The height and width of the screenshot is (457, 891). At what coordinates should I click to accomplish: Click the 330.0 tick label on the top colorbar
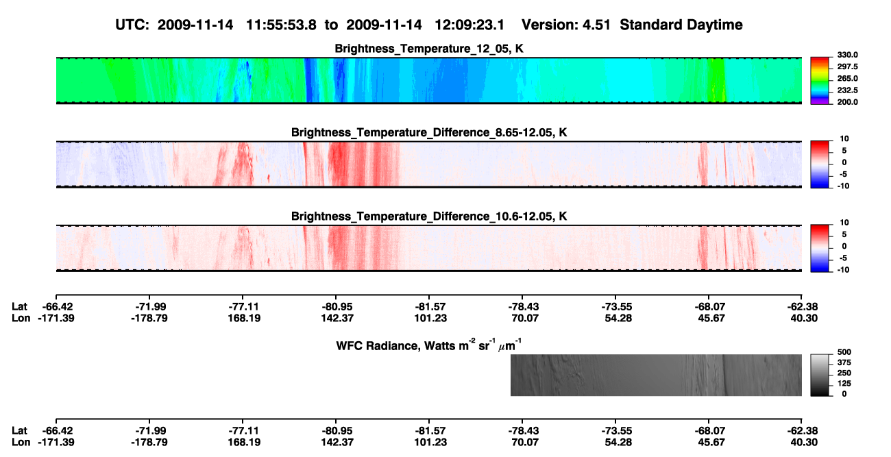click(847, 55)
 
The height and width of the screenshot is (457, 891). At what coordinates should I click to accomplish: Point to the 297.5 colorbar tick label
click(847, 66)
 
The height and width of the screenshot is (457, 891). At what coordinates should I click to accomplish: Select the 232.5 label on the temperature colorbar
click(847, 90)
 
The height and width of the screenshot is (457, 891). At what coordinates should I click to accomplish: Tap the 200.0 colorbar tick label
click(847, 102)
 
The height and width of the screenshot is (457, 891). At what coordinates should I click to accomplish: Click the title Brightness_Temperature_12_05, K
click(429, 49)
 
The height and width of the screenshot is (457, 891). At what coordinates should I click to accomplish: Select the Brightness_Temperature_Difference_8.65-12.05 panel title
click(429, 132)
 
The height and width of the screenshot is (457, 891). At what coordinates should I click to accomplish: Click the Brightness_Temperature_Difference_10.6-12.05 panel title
click(429, 217)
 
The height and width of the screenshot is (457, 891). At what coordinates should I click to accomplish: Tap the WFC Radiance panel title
click(429, 345)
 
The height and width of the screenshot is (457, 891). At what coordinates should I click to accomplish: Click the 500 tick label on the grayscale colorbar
click(844, 352)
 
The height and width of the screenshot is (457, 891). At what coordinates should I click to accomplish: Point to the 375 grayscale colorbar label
click(844, 362)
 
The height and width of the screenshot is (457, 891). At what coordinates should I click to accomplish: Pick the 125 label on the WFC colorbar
click(844, 384)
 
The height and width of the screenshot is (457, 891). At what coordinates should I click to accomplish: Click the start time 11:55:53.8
click(281, 25)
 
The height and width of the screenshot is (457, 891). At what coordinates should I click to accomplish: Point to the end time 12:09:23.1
click(469, 25)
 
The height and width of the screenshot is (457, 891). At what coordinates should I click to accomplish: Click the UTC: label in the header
click(132, 25)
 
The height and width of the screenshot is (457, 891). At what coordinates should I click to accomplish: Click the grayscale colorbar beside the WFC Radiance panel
click(820, 375)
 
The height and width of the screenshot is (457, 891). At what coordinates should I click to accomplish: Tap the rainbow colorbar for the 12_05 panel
click(820, 81)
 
